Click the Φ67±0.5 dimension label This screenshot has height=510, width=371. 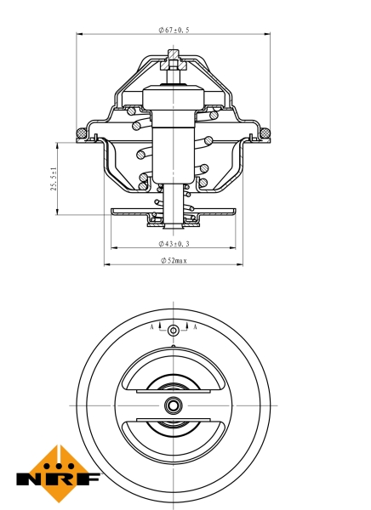[x=174, y=30]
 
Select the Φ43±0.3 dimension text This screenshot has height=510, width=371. [x=174, y=244]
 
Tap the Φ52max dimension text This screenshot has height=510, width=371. [x=174, y=260]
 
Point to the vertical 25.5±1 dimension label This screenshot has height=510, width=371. [x=54, y=178]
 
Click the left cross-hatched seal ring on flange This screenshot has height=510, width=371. [x=81, y=133]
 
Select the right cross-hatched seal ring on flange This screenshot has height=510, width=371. [x=265, y=133]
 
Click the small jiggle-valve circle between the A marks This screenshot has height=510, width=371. [x=174, y=331]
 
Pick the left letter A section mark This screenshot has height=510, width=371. [x=151, y=327]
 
